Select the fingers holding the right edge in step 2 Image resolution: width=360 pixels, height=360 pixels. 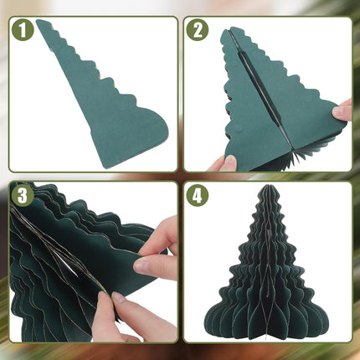point(342,110)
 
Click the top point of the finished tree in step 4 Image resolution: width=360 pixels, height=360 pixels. point(265,201)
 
